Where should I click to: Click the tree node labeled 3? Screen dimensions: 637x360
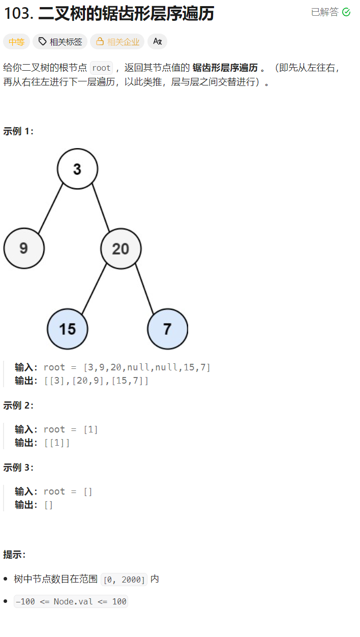pos(77,169)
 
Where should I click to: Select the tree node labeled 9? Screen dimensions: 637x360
pos(24,248)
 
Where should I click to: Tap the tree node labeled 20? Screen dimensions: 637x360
pos(121,249)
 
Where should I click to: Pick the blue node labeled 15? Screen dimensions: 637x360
pos(67,329)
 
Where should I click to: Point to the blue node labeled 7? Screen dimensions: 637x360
pos(167,329)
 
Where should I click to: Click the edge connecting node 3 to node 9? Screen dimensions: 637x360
pos(50,209)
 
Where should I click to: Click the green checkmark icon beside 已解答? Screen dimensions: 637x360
pos(346,12)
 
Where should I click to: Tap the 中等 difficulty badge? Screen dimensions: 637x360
pos(17,42)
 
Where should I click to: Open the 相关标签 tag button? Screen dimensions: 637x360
pos(60,42)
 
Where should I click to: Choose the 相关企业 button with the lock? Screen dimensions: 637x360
pos(117,42)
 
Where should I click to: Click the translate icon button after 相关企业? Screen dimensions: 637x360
pos(157,42)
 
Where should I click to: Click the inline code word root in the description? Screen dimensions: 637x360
pos(101,68)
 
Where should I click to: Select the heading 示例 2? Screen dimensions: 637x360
pos(18,406)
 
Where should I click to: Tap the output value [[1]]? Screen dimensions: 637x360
pos(57,443)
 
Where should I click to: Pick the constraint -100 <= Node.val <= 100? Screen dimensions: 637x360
pos(71,602)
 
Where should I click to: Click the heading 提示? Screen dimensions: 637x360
pos(14,554)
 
